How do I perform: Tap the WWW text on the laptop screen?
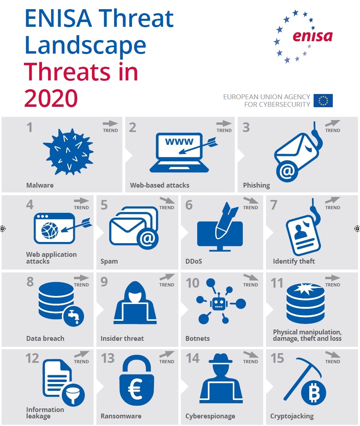click(179, 142)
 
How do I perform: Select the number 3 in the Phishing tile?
click(246, 127)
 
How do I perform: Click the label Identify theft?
click(294, 261)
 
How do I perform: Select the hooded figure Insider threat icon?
click(135, 304)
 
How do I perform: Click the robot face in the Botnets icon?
click(218, 304)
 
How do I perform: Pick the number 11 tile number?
click(277, 283)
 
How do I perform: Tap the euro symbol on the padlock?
click(135, 389)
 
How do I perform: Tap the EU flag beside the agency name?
click(323, 101)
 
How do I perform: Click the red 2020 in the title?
click(51, 98)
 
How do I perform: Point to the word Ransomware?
click(121, 416)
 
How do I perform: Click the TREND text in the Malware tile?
click(110, 130)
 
